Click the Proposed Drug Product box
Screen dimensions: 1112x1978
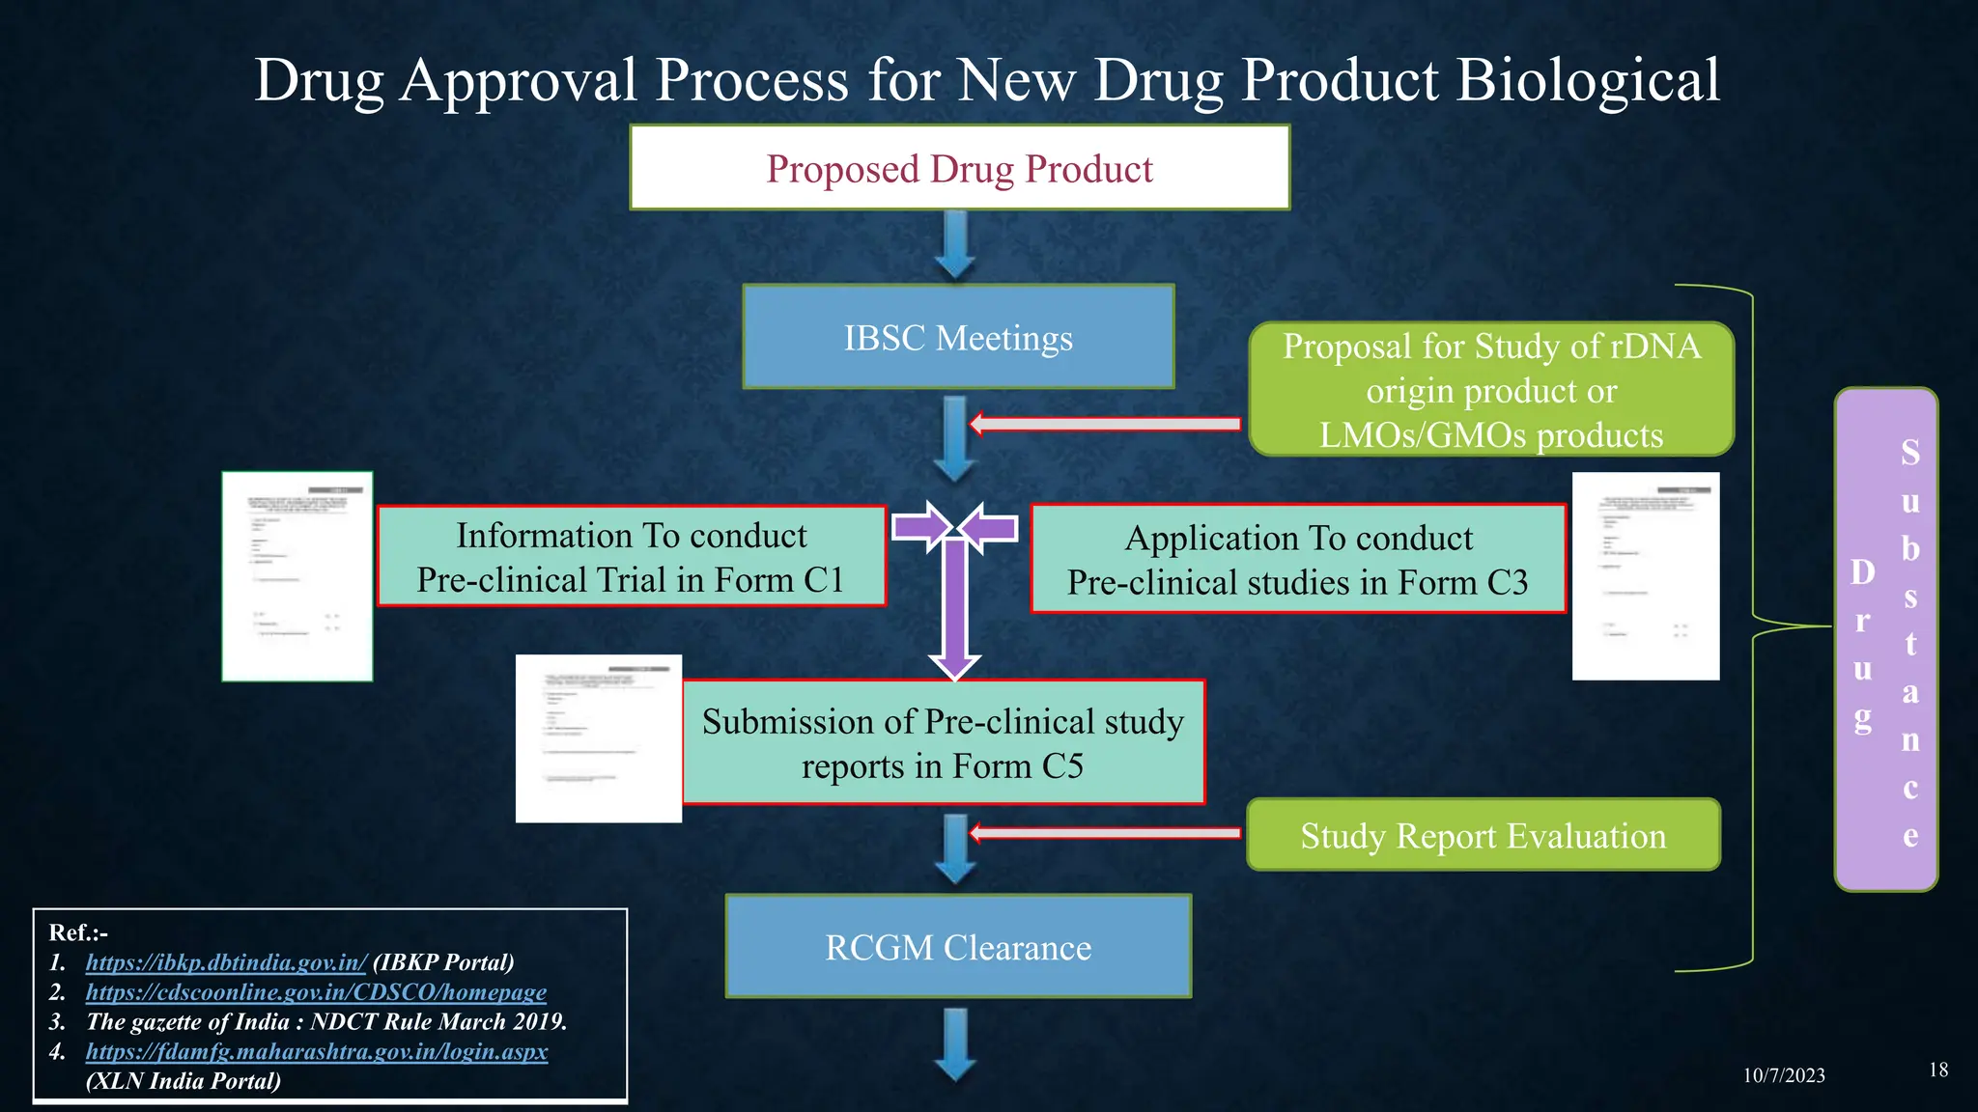959,168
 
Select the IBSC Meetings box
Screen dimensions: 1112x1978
958,338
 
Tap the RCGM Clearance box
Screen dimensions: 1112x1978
958,947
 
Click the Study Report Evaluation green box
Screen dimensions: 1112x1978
1483,835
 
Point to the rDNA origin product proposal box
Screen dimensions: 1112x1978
1490,390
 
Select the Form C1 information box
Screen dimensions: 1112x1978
631,557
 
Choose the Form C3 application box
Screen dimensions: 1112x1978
1297,559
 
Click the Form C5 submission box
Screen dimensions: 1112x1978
943,743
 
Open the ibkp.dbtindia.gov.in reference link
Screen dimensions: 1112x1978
226,962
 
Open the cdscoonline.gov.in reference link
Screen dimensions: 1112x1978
316,992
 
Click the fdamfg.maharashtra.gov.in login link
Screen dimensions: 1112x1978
316,1051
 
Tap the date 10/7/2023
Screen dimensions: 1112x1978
1783,1075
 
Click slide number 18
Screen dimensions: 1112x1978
1937,1070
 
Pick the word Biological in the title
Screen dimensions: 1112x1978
1587,79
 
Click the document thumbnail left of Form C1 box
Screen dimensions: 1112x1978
297,576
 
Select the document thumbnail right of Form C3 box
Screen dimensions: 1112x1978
1645,576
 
